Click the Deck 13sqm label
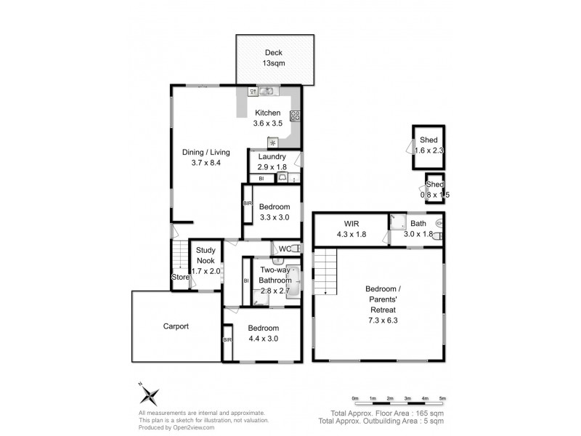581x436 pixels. click(274, 58)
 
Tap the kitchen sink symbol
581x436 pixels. click(266, 90)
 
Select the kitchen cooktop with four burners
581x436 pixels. click(295, 116)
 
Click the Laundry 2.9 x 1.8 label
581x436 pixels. click(272, 161)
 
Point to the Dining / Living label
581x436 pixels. click(206, 152)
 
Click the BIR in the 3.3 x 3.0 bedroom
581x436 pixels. click(247, 203)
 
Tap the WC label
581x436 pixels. click(285, 249)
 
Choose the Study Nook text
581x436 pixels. click(206, 255)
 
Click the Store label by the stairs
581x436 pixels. click(180, 277)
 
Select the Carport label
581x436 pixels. click(176, 326)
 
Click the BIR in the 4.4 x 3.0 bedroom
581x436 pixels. click(227, 339)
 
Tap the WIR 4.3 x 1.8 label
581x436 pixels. click(352, 229)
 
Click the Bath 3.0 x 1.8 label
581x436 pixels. click(418, 229)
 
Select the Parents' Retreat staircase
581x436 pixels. click(325, 271)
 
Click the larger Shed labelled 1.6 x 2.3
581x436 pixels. click(428, 148)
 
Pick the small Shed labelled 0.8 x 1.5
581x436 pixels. click(435, 188)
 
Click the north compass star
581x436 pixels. click(150, 395)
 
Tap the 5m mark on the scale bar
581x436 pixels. click(442, 398)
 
